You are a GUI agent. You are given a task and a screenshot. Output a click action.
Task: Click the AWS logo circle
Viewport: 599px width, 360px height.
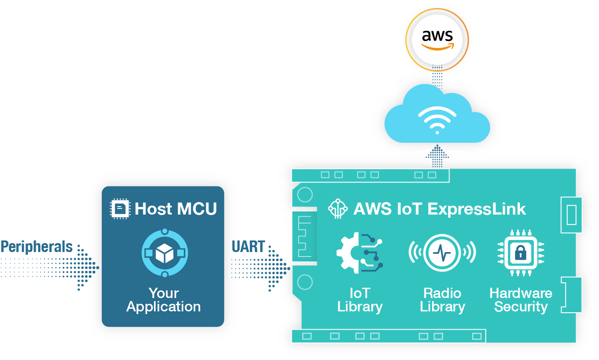pyautogui.click(x=437, y=39)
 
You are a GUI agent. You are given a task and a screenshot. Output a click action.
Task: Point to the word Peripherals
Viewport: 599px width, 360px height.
pyautogui.click(x=37, y=247)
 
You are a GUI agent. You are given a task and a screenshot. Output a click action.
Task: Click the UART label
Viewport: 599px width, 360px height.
pyautogui.click(x=248, y=247)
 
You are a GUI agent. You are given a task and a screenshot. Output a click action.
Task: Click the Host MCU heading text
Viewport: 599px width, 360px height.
pyautogui.click(x=176, y=208)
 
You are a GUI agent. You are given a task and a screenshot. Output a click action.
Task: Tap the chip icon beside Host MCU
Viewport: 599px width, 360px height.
pyautogui.click(x=120, y=209)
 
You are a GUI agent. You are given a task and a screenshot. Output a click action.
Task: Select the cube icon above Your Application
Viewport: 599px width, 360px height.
pyautogui.click(x=164, y=253)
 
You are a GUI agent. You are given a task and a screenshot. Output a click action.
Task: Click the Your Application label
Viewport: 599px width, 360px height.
pyautogui.click(x=164, y=300)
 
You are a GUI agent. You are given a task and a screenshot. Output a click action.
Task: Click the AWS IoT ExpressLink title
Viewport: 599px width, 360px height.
pyautogui.click(x=440, y=209)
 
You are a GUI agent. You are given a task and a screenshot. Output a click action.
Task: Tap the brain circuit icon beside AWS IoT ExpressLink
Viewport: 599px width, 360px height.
pyautogui.click(x=338, y=208)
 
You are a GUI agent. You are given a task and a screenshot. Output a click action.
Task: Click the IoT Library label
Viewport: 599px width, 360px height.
pyautogui.click(x=360, y=300)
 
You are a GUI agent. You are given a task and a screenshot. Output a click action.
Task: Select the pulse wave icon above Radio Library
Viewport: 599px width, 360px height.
pyautogui.click(x=442, y=252)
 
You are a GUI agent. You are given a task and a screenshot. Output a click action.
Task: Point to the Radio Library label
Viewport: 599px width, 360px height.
pyautogui.click(x=442, y=300)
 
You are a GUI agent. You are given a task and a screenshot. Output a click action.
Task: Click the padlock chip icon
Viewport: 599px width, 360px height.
pyautogui.click(x=520, y=253)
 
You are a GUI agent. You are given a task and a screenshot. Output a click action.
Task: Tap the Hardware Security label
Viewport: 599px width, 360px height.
pyautogui.click(x=521, y=300)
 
